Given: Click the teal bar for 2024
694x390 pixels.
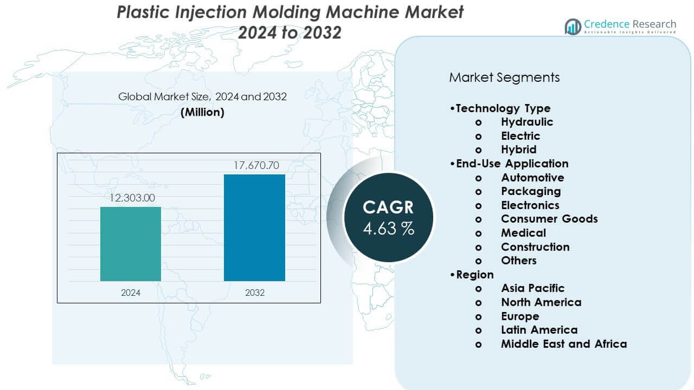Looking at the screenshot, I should click(x=131, y=244).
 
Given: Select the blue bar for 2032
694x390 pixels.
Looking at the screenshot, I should click(x=254, y=227).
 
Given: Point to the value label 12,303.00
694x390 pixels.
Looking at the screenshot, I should click(x=132, y=198).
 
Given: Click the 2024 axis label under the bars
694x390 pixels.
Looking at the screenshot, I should click(x=131, y=292).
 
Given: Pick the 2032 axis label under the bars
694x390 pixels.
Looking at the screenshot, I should click(x=254, y=292).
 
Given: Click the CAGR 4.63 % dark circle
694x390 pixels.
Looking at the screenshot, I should click(x=388, y=217).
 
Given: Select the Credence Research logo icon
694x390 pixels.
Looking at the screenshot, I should click(x=573, y=26).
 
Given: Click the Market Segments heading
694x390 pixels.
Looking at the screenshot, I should click(x=504, y=77).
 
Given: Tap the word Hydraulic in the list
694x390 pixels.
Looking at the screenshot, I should click(x=526, y=122).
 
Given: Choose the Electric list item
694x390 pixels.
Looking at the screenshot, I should click(x=520, y=136).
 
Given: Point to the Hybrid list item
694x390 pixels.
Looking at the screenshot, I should click(x=518, y=149).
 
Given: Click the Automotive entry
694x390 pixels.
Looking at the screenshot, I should click(x=532, y=178).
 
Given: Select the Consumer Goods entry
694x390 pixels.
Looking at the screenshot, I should click(x=549, y=219).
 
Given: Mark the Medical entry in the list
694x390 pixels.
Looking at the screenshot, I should click(x=523, y=233).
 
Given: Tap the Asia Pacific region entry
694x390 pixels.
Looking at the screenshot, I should click(x=532, y=288).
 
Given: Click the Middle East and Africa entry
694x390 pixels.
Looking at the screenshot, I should click(x=563, y=344).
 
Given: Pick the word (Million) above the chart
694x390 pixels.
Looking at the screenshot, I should click(x=202, y=112).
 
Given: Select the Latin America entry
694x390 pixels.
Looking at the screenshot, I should click(x=539, y=330).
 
